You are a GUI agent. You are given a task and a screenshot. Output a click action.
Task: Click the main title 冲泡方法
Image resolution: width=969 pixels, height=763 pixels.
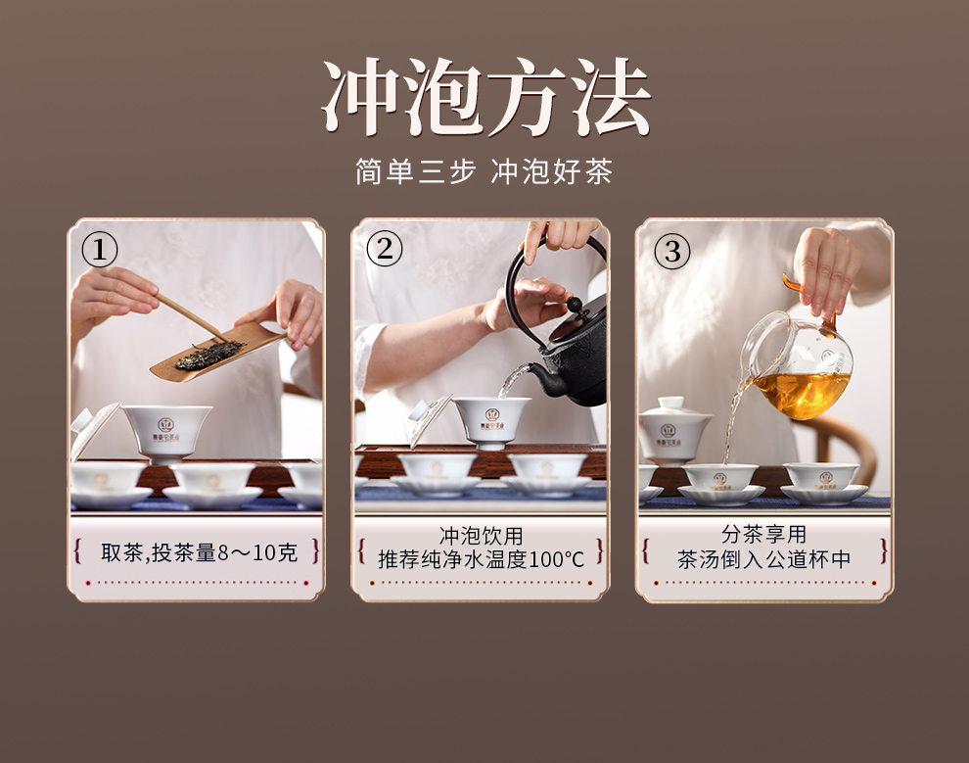pyautogui.click(x=485, y=97)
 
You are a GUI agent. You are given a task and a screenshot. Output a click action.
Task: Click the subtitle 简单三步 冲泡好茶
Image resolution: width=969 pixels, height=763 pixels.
pyautogui.click(x=484, y=171)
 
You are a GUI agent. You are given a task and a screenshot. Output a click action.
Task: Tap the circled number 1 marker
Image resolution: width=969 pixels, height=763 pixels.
pyautogui.click(x=100, y=251)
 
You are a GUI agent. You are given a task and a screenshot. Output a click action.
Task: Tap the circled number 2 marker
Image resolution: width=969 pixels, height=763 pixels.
pyautogui.click(x=385, y=249)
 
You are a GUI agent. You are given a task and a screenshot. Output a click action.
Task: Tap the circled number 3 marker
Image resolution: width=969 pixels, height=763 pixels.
pyautogui.click(x=672, y=252)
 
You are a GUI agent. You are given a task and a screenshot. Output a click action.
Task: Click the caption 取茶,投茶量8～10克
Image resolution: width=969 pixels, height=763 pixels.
pyautogui.click(x=199, y=552)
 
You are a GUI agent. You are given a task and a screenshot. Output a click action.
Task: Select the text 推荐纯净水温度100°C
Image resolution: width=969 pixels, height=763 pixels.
pyautogui.click(x=481, y=559)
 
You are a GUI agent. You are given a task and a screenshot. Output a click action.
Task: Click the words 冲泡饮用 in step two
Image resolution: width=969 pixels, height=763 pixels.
pyautogui.click(x=481, y=535)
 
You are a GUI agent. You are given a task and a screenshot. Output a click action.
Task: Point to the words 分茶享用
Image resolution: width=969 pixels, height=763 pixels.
pyautogui.click(x=763, y=534)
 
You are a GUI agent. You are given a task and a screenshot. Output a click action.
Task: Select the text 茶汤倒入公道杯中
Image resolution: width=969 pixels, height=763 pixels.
pyautogui.click(x=763, y=559)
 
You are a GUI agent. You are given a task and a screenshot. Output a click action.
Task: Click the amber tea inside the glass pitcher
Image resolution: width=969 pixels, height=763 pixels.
pyautogui.click(x=802, y=394)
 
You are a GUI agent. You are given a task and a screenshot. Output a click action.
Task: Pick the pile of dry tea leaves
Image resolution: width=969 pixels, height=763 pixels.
pyautogui.click(x=208, y=356)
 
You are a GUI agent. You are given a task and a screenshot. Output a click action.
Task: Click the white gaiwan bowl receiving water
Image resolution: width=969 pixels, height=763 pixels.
pyautogui.click(x=491, y=422)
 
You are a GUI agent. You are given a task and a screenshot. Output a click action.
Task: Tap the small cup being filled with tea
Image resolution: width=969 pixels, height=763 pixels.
pyautogui.click(x=721, y=477)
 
